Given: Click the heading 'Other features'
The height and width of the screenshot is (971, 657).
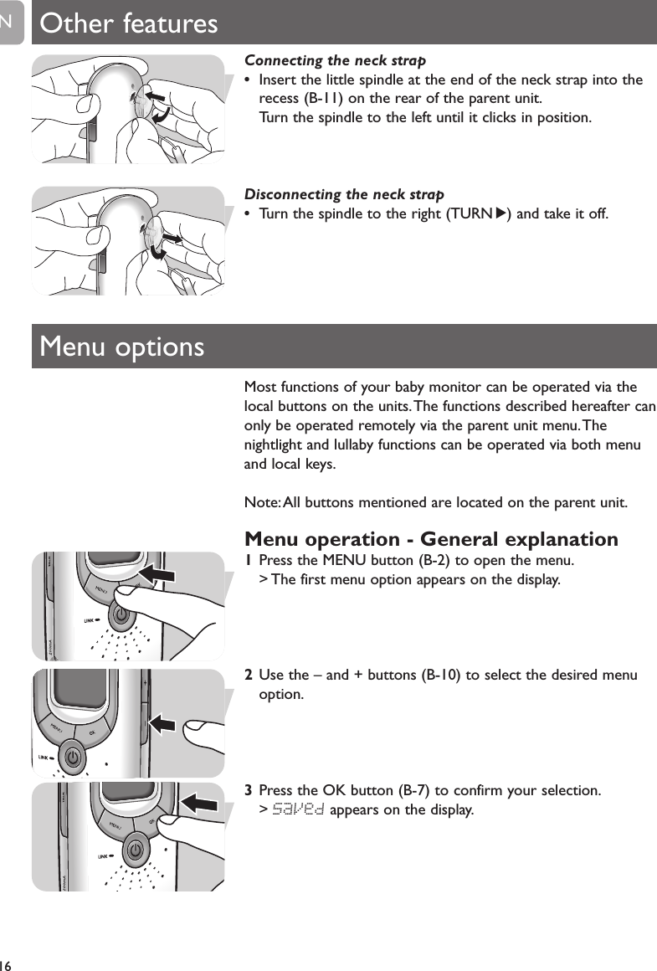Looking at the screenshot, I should click(129, 23).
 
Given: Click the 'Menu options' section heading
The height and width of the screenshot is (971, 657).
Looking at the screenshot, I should click(122, 346).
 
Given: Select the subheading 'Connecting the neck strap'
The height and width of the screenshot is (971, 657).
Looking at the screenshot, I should click(335, 60).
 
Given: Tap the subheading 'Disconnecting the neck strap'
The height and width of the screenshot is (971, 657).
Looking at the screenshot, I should click(344, 194).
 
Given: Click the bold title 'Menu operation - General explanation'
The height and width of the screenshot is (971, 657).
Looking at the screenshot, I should click(431, 538).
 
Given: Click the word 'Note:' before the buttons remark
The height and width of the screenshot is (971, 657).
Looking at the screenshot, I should click(262, 502).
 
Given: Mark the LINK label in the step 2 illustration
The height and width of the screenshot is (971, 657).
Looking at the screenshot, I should click(44, 757).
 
